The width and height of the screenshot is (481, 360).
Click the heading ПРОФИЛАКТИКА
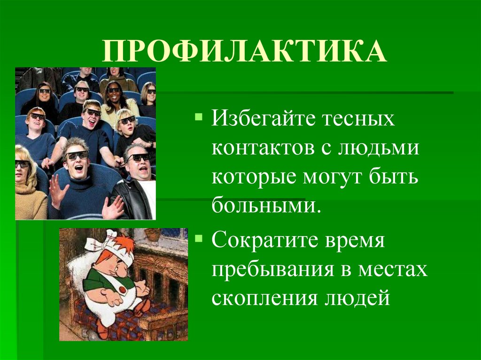click(244, 51)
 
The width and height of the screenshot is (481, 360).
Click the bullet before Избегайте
click(199, 115)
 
